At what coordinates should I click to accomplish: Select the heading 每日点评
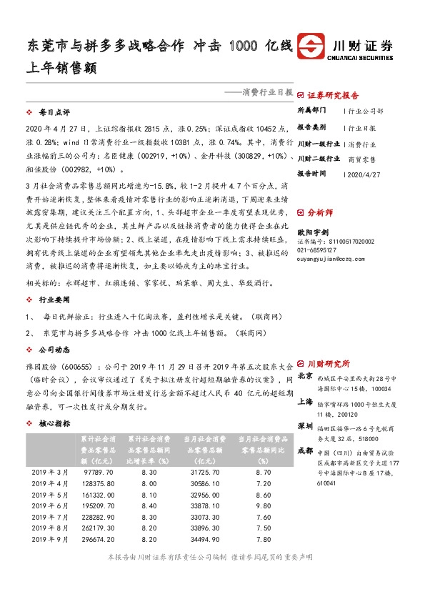[54, 113]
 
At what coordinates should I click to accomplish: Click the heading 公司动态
[54, 351]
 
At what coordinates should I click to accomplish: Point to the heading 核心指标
[54, 423]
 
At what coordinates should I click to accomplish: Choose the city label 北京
[305, 375]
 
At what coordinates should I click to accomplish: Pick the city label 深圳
[305, 426]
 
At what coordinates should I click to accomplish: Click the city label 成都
[305, 450]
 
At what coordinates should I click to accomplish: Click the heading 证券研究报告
[333, 94]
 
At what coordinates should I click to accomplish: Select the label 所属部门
[312, 111]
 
